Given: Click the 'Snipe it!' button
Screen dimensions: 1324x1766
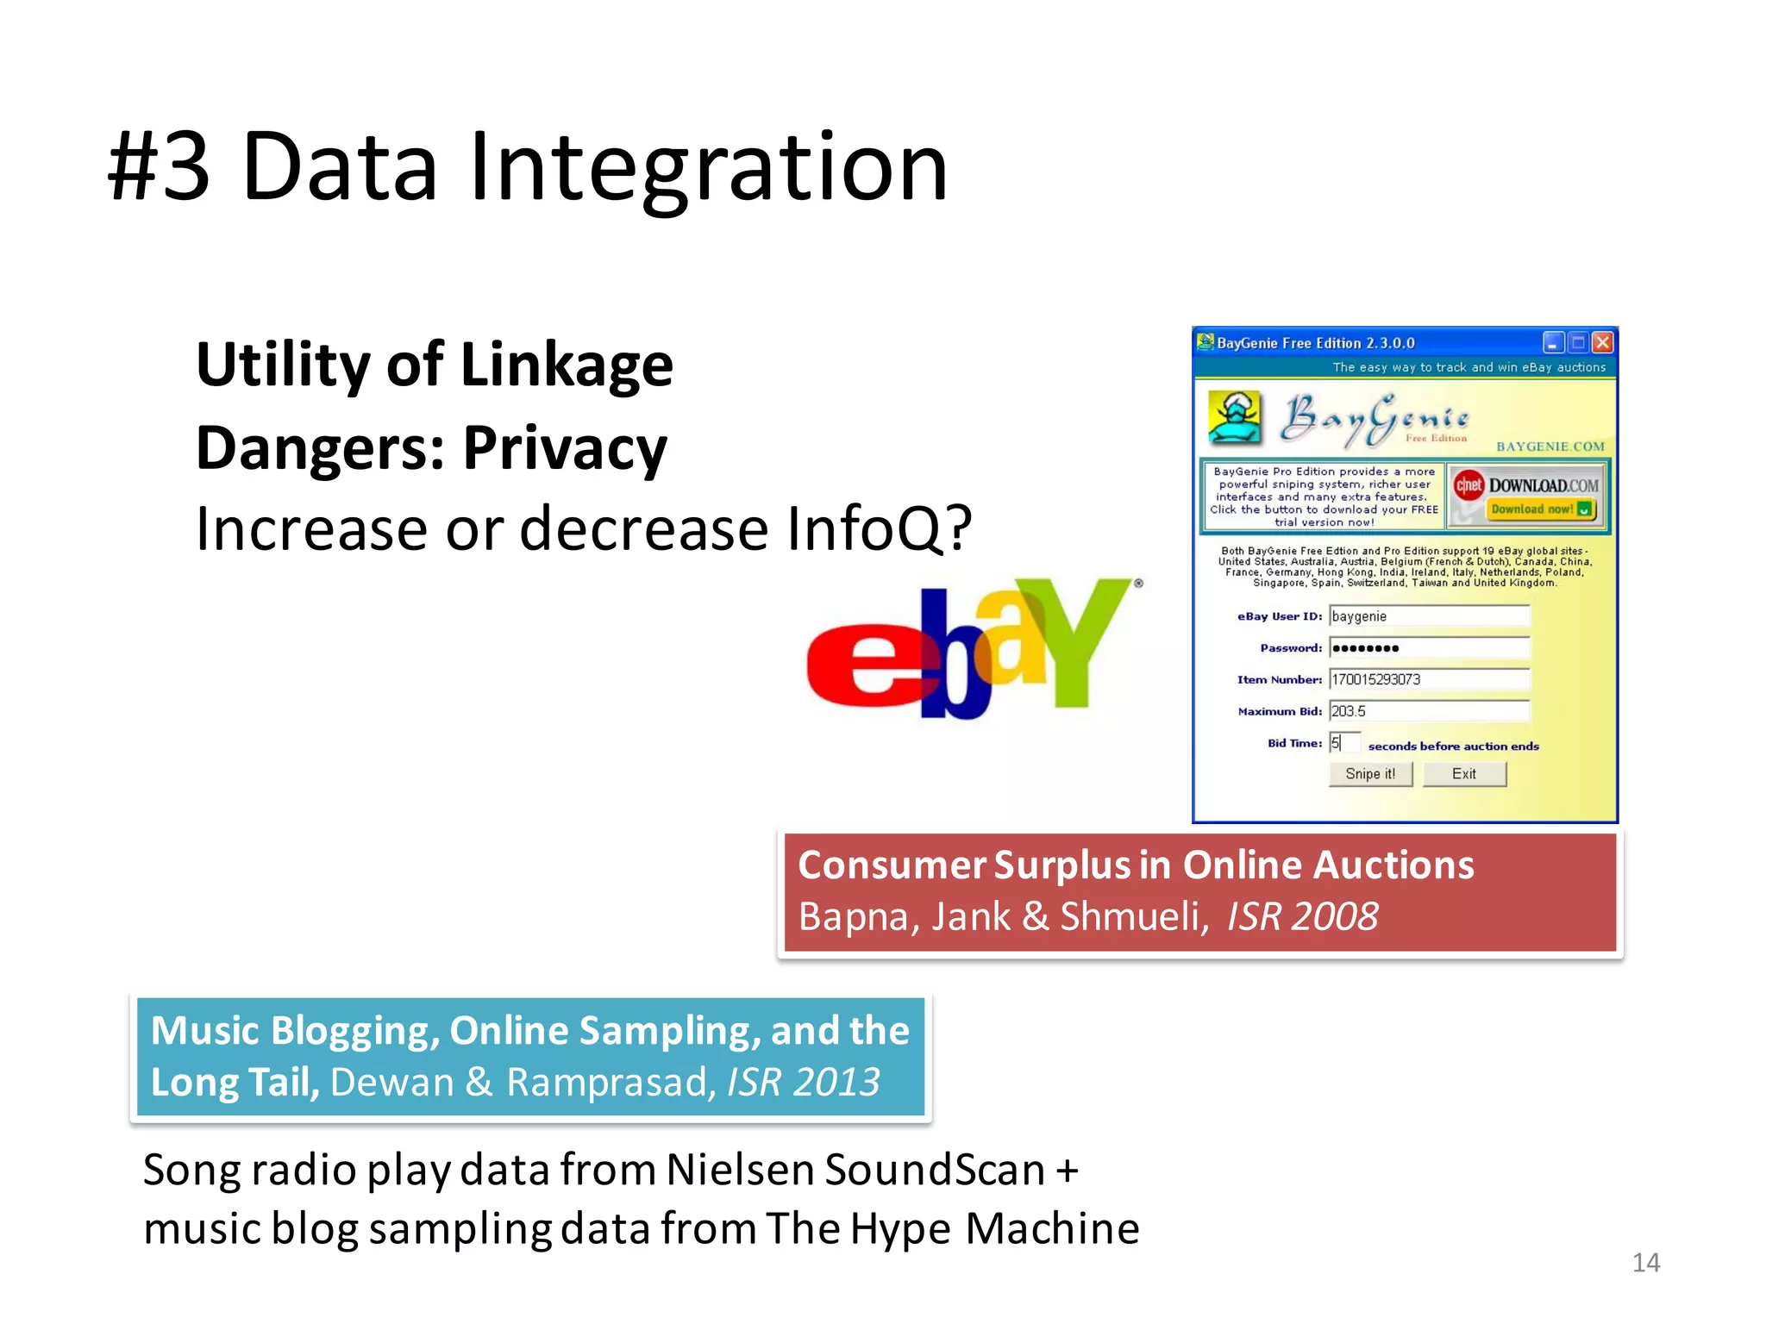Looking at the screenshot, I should click(1369, 774).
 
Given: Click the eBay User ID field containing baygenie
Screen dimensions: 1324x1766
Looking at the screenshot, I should click(1429, 616).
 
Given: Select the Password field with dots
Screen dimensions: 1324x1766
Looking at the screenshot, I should click(1429, 648).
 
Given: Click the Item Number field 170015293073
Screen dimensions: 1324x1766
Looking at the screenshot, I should click(1429, 679).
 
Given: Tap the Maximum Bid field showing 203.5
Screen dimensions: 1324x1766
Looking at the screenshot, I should click(1429, 711).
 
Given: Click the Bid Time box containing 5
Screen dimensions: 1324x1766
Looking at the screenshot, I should click(1343, 743).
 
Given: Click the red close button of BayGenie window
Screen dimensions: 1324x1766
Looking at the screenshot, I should click(1602, 343).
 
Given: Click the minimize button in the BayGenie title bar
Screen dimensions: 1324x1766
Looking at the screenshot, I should click(1553, 343).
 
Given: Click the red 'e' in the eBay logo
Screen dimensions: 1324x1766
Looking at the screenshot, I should click(862, 664).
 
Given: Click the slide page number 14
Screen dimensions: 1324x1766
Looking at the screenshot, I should click(1645, 1263).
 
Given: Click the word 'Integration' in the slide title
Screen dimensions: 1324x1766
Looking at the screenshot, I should click(707, 168).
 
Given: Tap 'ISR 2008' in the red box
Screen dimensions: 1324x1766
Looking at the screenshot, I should click(1302, 916).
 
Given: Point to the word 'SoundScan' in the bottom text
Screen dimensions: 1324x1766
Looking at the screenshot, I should click(935, 1171).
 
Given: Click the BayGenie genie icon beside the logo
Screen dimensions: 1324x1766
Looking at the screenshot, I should click(1234, 417).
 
